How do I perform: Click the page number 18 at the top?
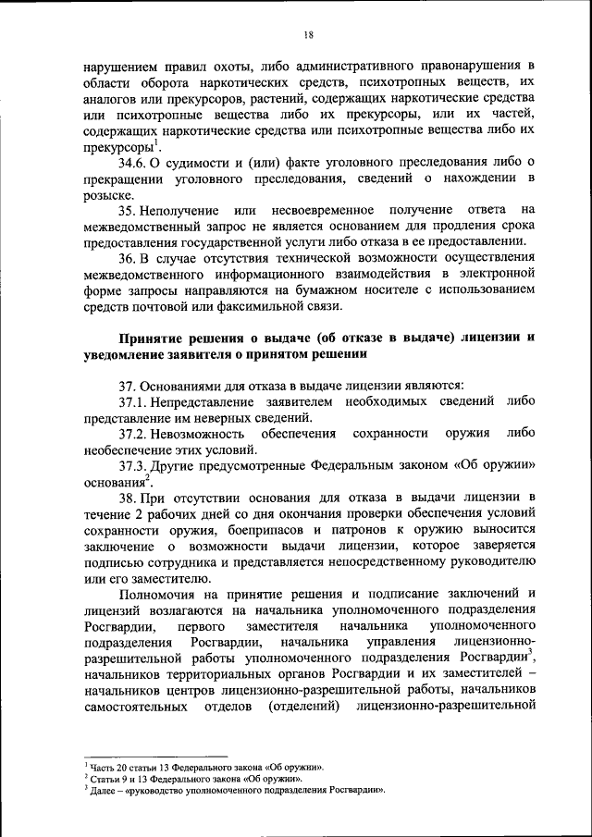tap(308, 34)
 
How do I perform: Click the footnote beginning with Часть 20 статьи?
tap(203, 768)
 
